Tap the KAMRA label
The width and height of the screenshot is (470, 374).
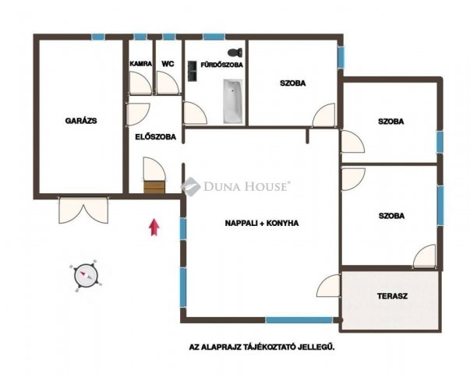click(141, 64)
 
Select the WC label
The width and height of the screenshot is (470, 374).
click(168, 64)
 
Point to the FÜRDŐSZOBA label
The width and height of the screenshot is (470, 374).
click(221, 65)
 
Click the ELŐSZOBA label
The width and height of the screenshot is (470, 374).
click(156, 137)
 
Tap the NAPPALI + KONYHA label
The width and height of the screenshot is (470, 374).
click(262, 224)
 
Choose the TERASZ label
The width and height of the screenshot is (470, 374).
click(392, 296)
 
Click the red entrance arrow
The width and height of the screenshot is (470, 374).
click(154, 228)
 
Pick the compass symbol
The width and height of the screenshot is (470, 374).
click(87, 276)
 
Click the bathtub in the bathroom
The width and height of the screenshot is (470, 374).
click(232, 101)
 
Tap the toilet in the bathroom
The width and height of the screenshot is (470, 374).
click(235, 52)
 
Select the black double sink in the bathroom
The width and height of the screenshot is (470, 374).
click(193, 71)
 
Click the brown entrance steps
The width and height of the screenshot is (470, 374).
click(154, 187)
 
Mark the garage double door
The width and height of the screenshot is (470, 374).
click(83, 210)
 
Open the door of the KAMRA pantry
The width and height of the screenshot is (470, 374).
click(140, 83)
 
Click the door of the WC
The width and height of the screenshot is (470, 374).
click(168, 83)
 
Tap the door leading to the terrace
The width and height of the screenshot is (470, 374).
click(328, 286)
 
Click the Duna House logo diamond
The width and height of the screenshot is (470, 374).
click(190, 186)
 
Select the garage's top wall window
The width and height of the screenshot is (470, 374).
click(98, 37)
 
